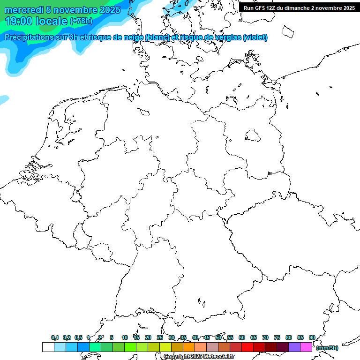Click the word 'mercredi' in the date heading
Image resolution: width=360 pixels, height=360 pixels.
pos(23,10)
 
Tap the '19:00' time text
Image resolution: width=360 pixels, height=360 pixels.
pos(19,21)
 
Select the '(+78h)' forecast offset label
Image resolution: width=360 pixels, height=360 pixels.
pos(81,21)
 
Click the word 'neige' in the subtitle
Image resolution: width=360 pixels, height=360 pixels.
pos(132,37)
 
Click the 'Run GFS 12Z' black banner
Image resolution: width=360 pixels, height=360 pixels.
pos(299,8)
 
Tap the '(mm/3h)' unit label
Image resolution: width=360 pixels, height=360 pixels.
pos(327,348)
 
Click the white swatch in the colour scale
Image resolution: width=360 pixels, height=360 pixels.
pos(48,347)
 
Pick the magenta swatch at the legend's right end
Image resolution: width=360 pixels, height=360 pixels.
pos(306,347)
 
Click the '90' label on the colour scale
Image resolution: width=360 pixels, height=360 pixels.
pos(312,337)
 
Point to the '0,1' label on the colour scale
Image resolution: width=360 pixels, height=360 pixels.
pos(55,337)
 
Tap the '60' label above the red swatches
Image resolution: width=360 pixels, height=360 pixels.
pos(242,337)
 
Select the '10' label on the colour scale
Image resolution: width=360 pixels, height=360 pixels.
pos(125,337)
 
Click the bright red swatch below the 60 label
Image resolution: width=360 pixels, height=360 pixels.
pos(247,347)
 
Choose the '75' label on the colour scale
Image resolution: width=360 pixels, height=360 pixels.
pos(277,337)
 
